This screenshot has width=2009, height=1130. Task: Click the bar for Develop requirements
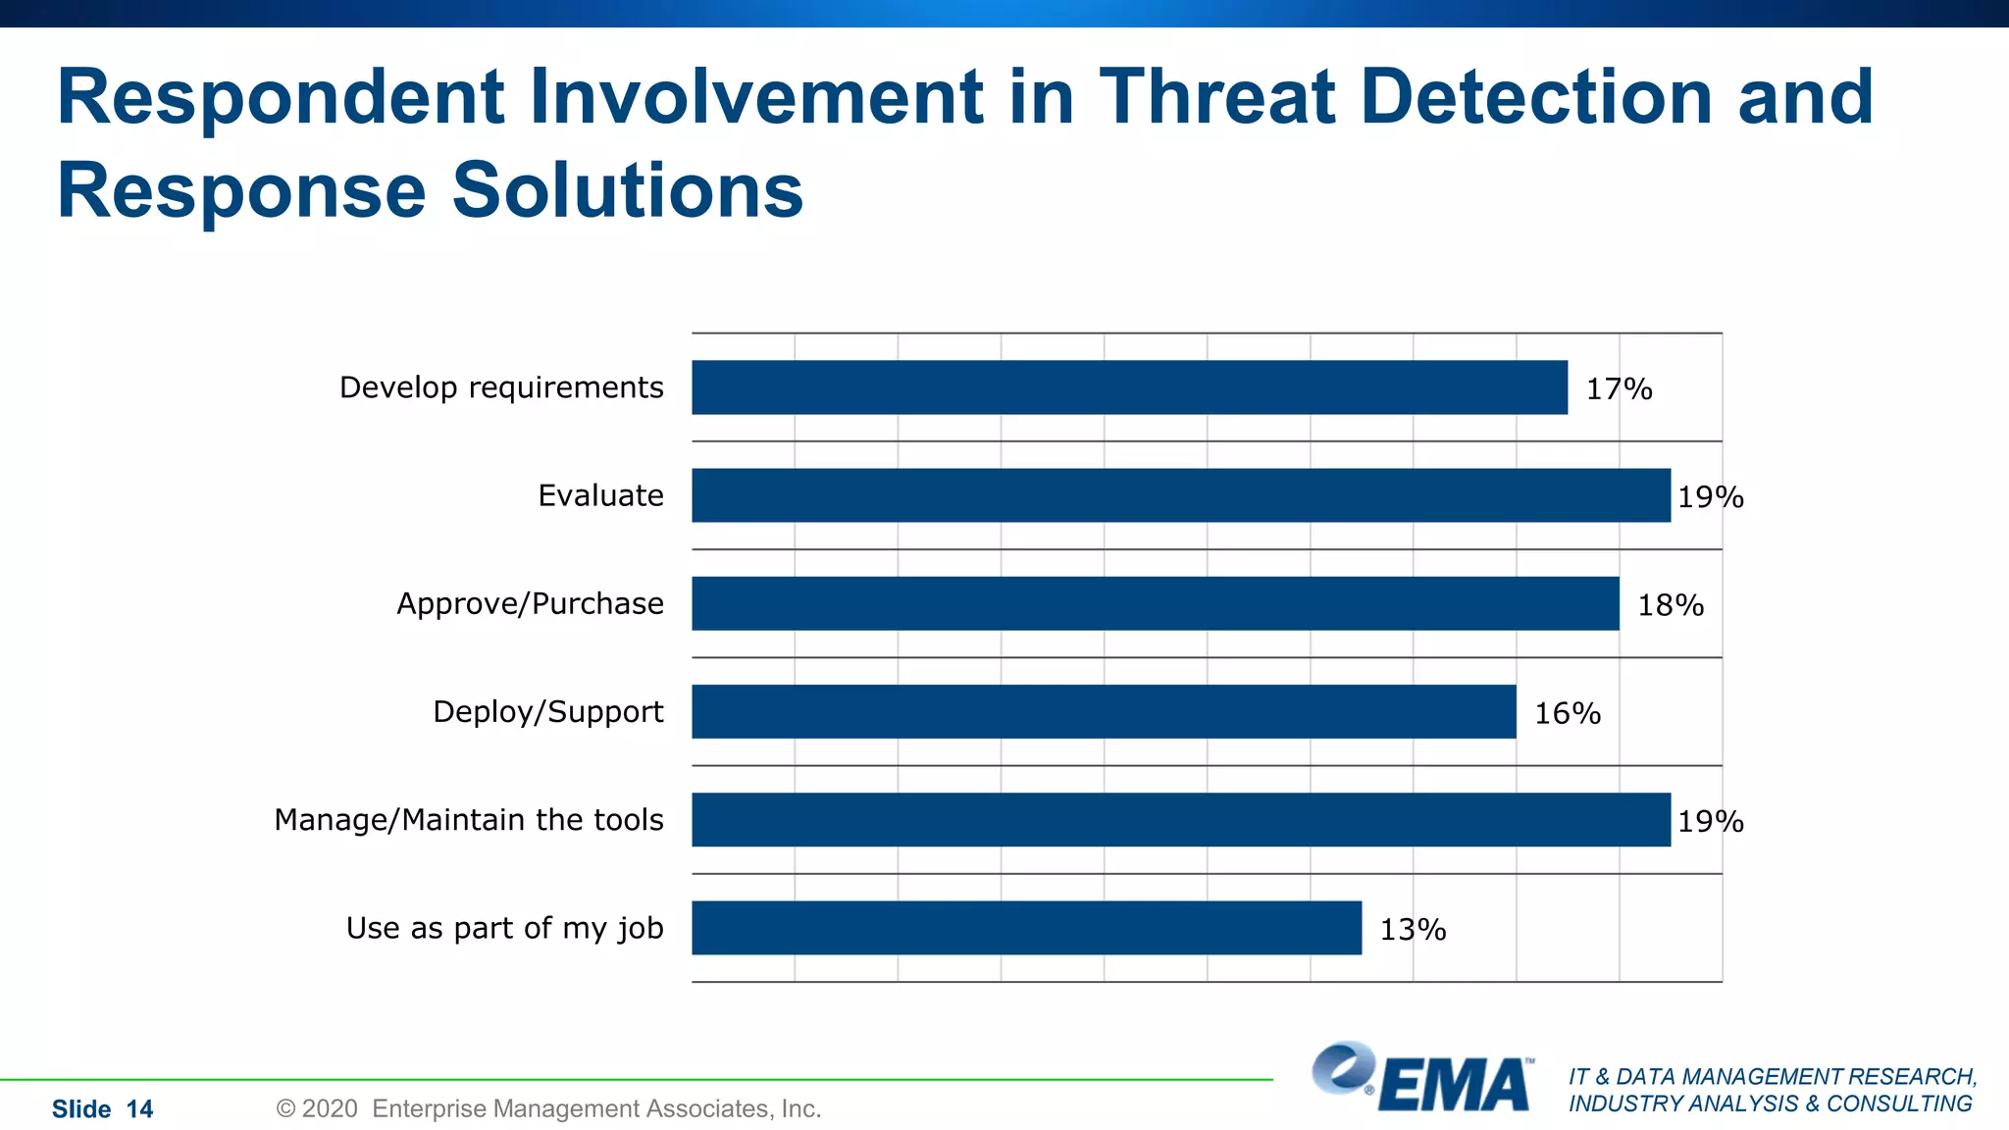1128,387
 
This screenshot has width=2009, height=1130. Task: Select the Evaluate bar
1180,495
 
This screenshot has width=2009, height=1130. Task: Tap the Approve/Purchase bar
1155,603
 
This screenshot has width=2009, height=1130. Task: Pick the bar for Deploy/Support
1103,711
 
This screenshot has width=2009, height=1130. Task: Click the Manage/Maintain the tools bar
1180,819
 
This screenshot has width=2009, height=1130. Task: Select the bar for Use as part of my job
1026,928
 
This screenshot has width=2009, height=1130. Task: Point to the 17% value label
1619,389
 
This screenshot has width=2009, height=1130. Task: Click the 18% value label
1671,605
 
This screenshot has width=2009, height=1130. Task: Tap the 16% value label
1567,713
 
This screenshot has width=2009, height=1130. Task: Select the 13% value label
1413,929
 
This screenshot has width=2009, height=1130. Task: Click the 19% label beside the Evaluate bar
1710,497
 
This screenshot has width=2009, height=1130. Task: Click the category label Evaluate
600,495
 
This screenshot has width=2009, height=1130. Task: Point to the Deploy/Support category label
547,711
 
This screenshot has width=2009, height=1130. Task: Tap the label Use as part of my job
504,928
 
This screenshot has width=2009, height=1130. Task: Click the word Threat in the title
1216,97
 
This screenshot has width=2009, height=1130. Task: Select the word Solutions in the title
627,190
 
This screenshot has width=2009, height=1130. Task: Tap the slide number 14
139,1109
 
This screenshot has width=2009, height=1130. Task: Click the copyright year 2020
330,1109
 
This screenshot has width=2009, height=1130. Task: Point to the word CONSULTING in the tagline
1898,1104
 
